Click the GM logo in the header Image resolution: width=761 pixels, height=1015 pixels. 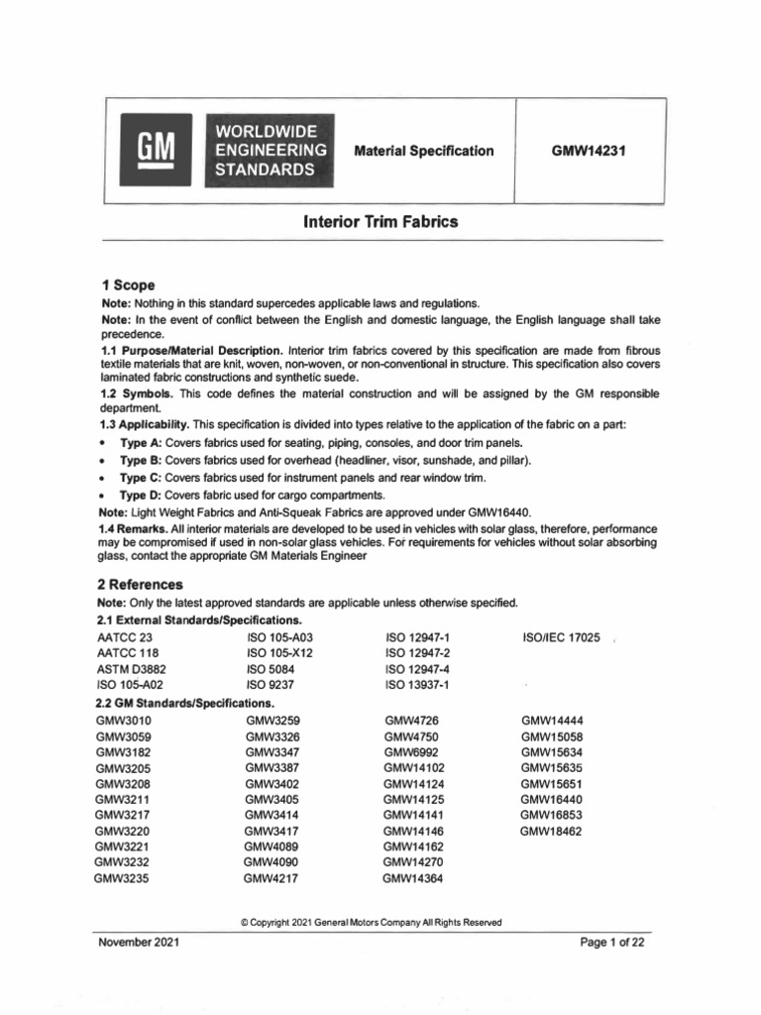155,152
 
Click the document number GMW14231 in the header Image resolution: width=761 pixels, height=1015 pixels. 593,151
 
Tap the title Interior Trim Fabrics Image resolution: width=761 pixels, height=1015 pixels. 380,223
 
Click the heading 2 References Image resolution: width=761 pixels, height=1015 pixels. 144,585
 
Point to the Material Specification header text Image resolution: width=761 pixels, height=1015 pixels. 423,151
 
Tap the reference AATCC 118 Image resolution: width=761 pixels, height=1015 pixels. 127,653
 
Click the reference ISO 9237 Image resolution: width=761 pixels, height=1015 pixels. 271,685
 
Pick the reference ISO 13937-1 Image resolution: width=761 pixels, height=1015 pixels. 416,685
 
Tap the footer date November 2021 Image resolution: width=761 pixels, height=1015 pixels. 138,943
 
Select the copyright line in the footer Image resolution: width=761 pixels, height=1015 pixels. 372,922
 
